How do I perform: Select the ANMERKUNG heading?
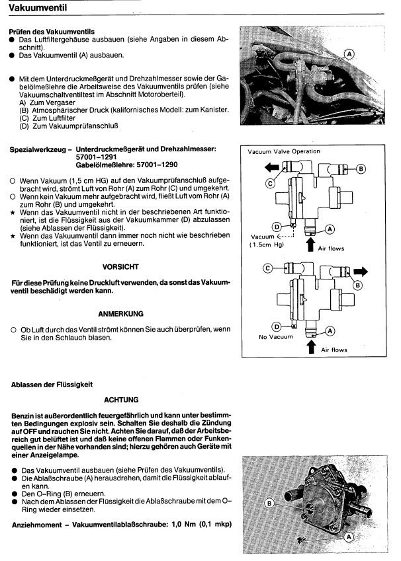[121, 313]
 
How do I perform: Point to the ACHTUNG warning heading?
[121, 400]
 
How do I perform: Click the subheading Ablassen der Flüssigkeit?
[51, 383]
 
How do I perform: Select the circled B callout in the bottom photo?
[269, 503]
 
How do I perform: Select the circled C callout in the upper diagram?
[271, 182]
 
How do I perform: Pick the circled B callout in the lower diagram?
[358, 285]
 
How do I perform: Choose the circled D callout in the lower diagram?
[276, 326]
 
